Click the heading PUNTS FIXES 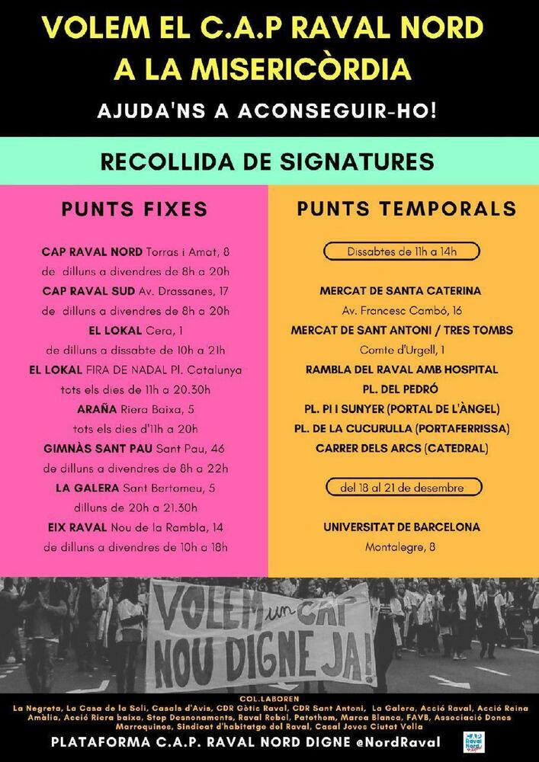(x=134, y=209)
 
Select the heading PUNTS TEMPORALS (x=406, y=209)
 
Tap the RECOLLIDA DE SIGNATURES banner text (x=268, y=162)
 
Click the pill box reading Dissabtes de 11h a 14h (x=402, y=251)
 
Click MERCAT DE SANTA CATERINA (x=400, y=290)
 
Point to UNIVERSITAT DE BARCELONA (x=402, y=527)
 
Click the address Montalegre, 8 (x=401, y=546)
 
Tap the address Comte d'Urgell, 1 (x=401, y=350)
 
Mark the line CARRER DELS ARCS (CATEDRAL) (x=402, y=448)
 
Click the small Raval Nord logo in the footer (x=473, y=741)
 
